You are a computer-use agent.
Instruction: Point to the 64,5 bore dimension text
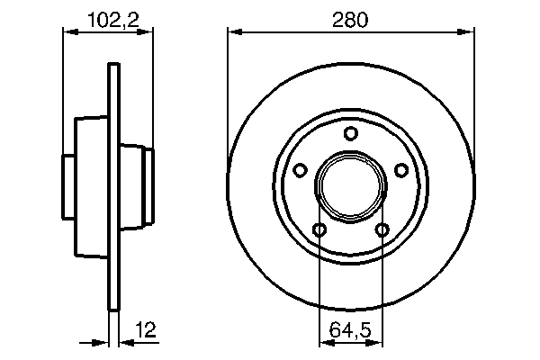(x=352, y=330)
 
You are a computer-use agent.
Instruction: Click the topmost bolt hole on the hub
(x=351, y=134)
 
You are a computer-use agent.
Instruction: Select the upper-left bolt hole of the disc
(x=301, y=169)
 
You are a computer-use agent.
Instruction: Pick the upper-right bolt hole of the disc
(x=401, y=169)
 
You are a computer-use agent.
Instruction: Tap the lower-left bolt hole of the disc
(x=319, y=230)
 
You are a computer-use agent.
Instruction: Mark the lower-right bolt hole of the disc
(x=382, y=230)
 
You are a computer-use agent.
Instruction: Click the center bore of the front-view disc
(x=351, y=187)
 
